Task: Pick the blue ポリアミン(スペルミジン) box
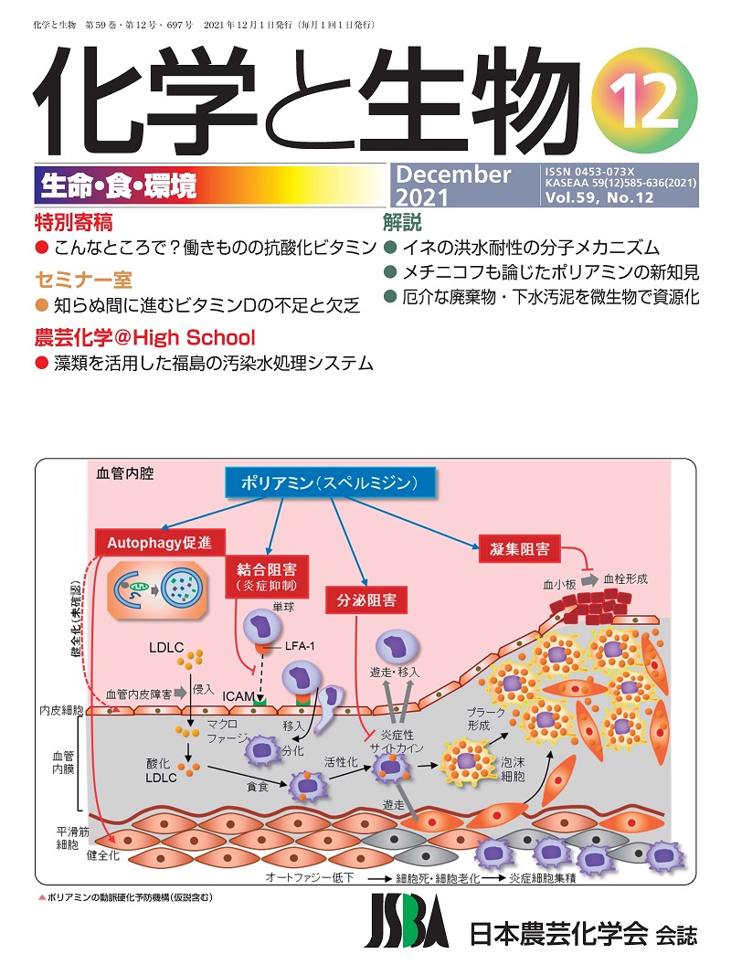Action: (329, 482)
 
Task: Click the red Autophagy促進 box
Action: (160, 540)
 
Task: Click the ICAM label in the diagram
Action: (238, 696)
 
